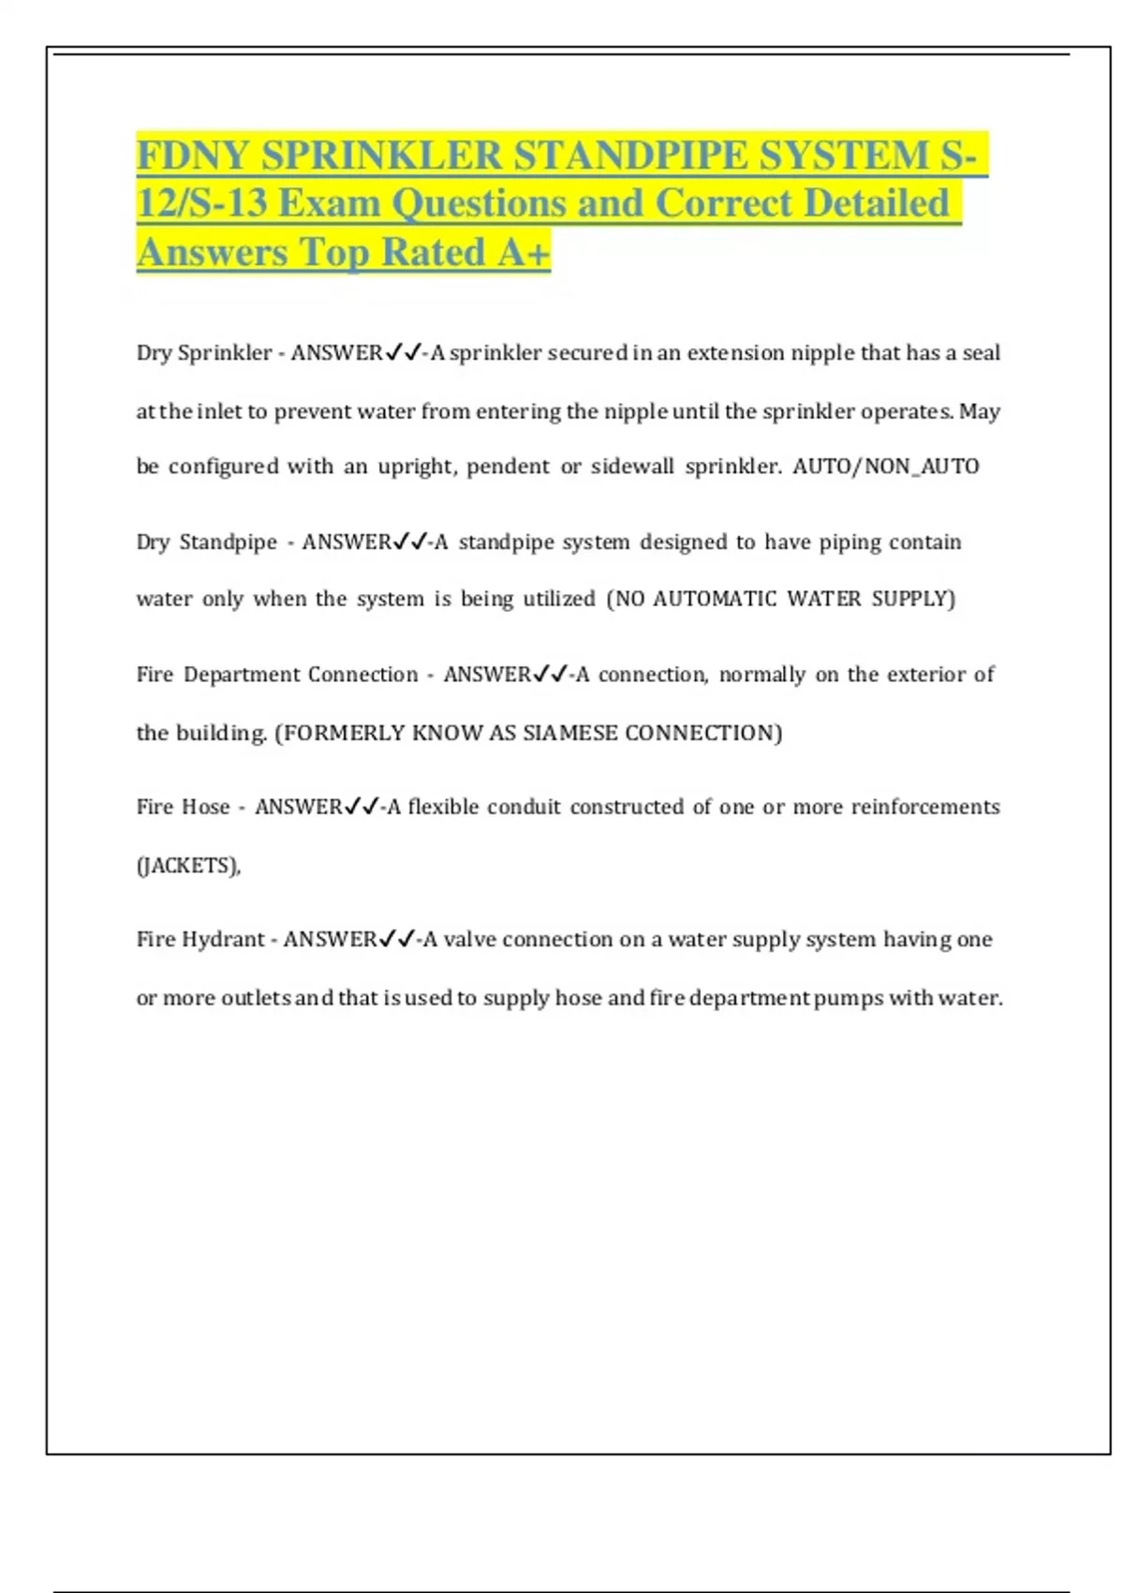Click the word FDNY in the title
[x=194, y=156]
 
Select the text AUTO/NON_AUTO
[x=885, y=467]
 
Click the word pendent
[x=508, y=467]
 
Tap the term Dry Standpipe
[x=207, y=543]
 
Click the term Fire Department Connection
[x=277, y=675]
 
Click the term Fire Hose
[x=183, y=807]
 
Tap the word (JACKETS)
[x=187, y=865]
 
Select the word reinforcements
[x=924, y=807]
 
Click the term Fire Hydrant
[x=200, y=940]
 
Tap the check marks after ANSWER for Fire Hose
[x=362, y=807]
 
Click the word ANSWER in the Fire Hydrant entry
[x=330, y=940]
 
